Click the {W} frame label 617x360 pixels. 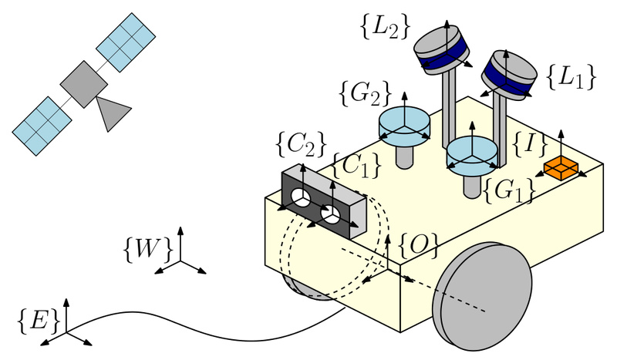[147, 249]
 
